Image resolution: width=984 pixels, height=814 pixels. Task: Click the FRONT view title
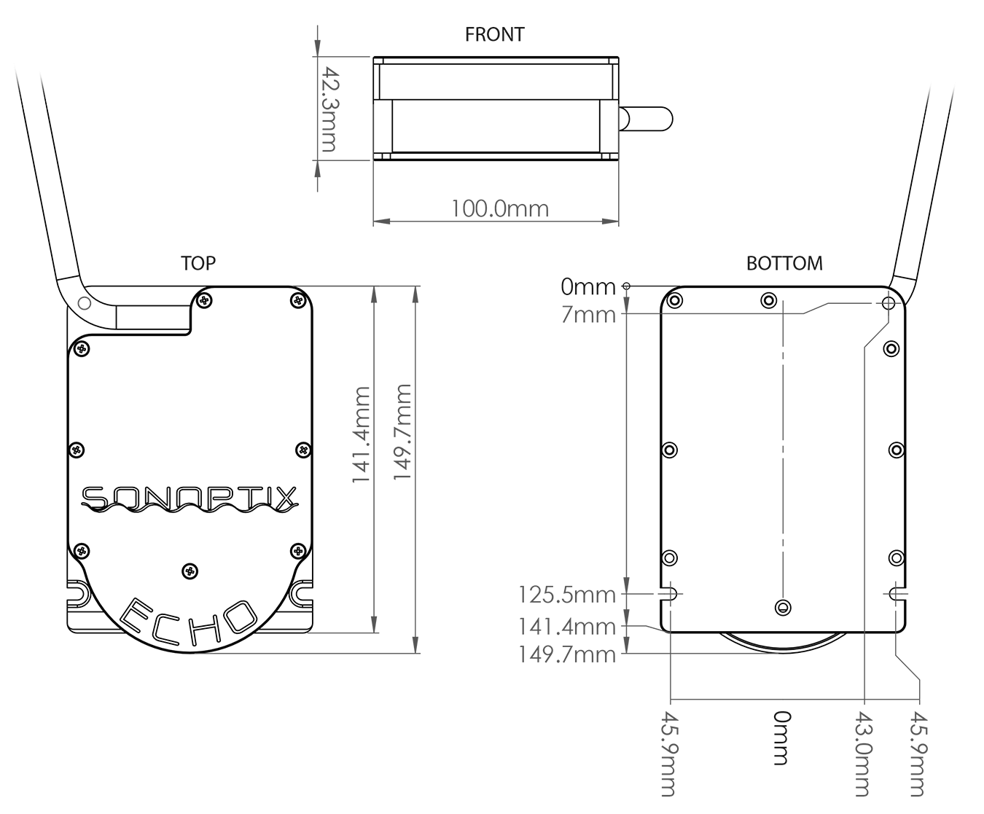494,34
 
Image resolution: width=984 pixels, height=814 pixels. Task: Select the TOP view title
198,263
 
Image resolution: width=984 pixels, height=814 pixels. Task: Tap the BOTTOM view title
784,263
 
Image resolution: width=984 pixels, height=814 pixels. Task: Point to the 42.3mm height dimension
330,109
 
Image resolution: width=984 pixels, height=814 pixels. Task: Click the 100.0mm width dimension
499,208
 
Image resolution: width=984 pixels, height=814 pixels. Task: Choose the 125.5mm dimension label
567,595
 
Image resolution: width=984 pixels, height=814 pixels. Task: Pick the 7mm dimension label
588,315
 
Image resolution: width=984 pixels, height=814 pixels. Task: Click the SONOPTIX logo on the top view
189,499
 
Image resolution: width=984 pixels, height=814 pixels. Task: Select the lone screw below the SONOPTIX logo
190,570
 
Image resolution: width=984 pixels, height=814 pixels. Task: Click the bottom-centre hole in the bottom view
783,606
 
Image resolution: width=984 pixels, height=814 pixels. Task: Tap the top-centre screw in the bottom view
768,300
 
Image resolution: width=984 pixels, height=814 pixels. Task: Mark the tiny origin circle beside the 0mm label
628,286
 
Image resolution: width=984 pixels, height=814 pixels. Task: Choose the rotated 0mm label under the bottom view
781,737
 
